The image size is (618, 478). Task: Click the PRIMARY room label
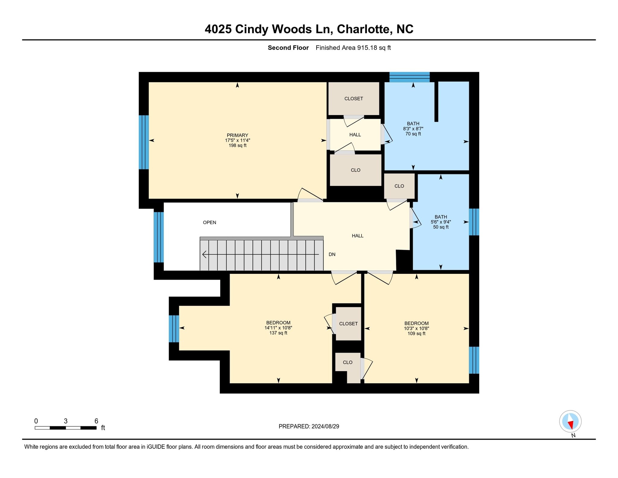[237, 135]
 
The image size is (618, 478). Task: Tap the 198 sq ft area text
[237, 146]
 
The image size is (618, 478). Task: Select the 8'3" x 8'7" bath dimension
[413, 129]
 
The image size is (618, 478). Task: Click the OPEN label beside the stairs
[209, 223]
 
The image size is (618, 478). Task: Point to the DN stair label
[332, 255]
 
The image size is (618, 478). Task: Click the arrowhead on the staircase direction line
[204, 255]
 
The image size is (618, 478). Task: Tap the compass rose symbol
[570, 421]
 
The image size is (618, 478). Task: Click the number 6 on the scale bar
[96, 421]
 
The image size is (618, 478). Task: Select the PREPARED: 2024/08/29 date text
[309, 426]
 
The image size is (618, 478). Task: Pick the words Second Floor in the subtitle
[288, 48]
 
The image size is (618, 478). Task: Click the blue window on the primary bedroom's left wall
[144, 142]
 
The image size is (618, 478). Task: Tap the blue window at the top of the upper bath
[409, 77]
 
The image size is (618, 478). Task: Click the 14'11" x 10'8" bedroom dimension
[278, 328]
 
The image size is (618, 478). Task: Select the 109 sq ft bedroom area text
[416, 334]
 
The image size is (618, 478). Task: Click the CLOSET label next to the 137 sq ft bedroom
[348, 324]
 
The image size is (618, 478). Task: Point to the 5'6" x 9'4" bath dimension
[441, 222]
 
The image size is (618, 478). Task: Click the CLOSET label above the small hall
[354, 99]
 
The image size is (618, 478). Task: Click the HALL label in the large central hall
[357, 236]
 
